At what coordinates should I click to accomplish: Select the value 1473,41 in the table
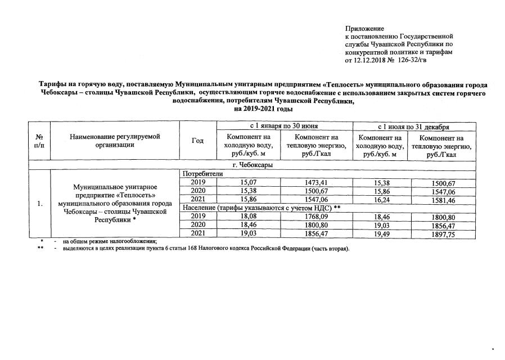tap(317, 182)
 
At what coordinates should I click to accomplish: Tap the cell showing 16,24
tap(381, 200)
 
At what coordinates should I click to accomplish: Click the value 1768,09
tap(317, 217)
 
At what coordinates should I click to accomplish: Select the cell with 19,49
tap(381, 234)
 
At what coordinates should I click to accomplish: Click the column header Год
tap(197, 141)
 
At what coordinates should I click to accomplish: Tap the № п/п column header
tap(39, 141)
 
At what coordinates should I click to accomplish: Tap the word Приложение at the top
tap(364, 28)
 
